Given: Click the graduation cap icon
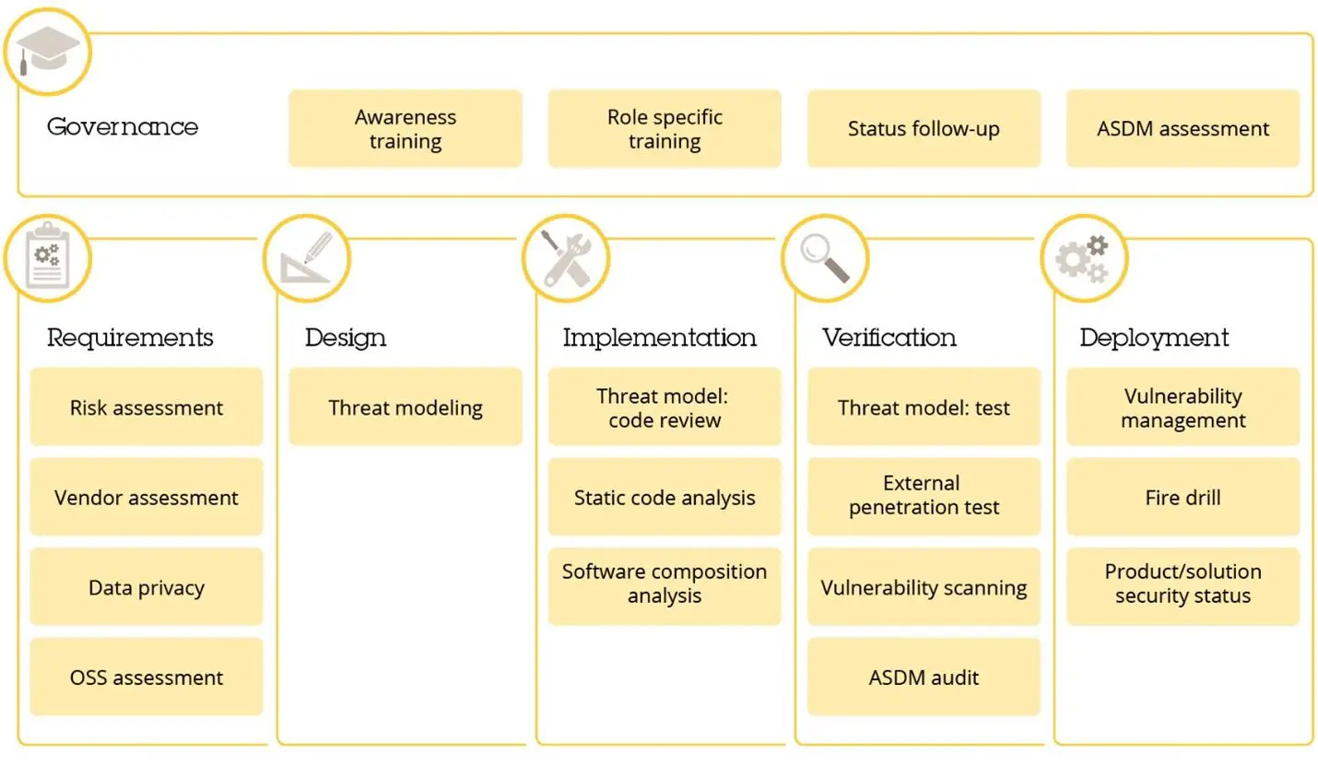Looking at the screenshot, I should click(x=48, y=52).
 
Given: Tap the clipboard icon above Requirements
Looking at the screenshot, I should click(x=47, y=258).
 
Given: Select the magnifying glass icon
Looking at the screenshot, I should click(x=825, y=258).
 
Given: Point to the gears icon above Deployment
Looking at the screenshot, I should click(x=1084, y=258).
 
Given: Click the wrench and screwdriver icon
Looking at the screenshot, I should click(x=566, y=258).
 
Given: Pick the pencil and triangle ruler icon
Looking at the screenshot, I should click(x=307, y=258).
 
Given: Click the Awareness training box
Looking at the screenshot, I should click(x=406, y=129).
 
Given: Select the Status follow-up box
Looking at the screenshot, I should click(x=924, y=129).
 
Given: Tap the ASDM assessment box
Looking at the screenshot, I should click(x=1183, y=129).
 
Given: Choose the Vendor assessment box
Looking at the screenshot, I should click(x=147, y=498).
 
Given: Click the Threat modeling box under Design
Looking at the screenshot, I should click(x=406, y=407).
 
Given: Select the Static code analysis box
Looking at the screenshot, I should click(x=665, y=498).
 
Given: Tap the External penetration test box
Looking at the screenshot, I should click(x=924, y=496).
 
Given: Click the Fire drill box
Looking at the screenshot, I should click(x=1183, y=498).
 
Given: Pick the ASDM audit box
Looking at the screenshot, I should click(x=924, y=678).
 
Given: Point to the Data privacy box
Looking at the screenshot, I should click(x=147, y=587).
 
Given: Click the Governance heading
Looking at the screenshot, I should click(x=123, y=126).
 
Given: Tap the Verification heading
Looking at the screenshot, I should click(x=889, y=337).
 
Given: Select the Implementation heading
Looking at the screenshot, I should click(x=660, y=337).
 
